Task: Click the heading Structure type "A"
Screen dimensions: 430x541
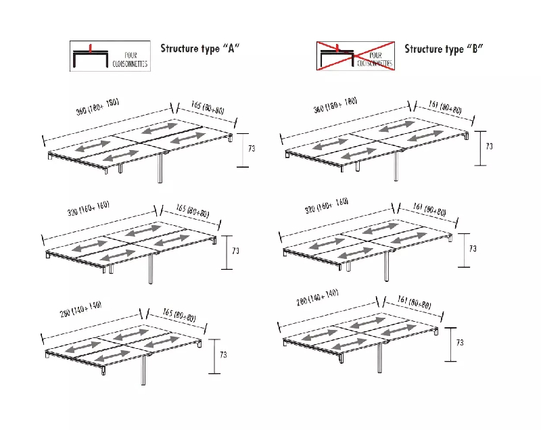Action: [x=200, y=49]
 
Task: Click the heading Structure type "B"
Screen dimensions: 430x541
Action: [x=444, y=49]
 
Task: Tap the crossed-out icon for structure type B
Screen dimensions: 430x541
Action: [x=355, y=56]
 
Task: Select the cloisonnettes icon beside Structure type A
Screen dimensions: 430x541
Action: [x=110, y=56]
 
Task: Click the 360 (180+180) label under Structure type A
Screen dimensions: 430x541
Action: [x=97, y=107]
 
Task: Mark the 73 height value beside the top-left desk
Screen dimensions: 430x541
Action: [x=252, y=148]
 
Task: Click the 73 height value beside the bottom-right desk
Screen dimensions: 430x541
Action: [x=459, y=343]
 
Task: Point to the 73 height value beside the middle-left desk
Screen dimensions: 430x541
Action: [x=235, y=251]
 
